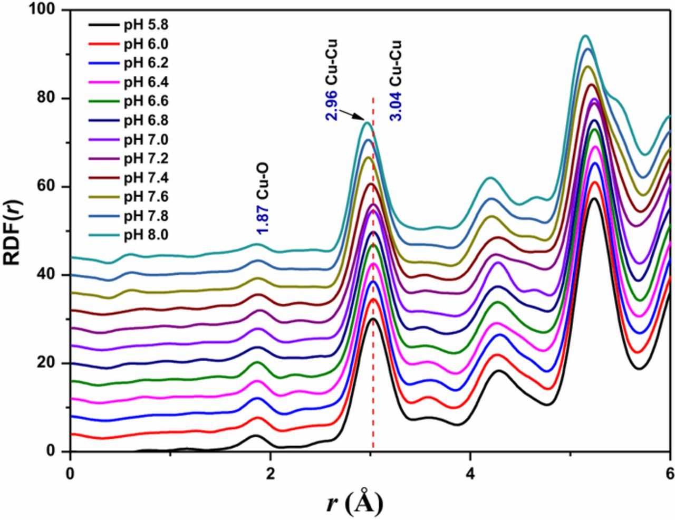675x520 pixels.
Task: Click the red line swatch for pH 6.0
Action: (x=103, y=43)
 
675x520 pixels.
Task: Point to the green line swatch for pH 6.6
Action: (x=103, y=101)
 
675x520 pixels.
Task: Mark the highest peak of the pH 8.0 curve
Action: (x=584, y=35)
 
